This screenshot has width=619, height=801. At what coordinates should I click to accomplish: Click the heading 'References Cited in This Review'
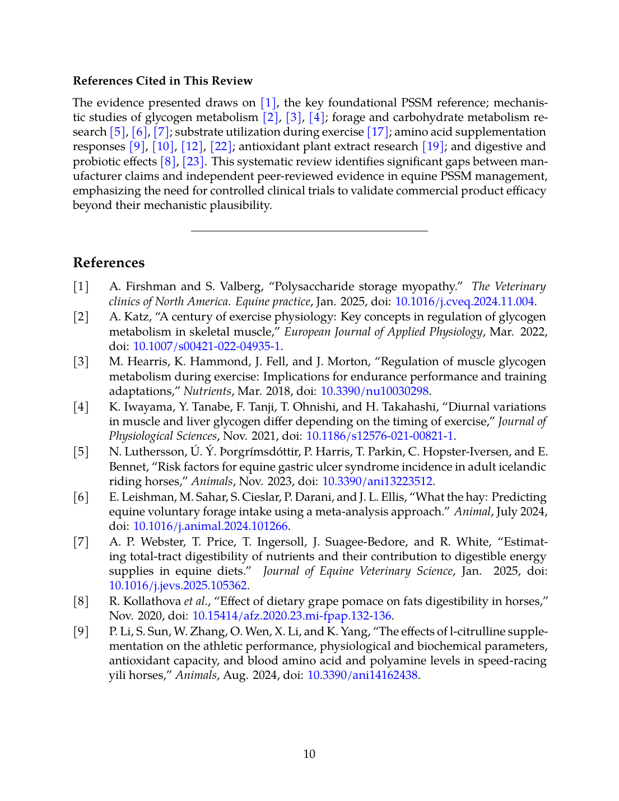[x=162, y=81]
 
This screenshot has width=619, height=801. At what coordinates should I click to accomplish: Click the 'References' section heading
[x=109, y=263]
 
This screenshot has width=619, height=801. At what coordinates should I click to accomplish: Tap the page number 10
[x=309, y=754]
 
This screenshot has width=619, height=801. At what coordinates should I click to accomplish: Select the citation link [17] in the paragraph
[x=378, y=132]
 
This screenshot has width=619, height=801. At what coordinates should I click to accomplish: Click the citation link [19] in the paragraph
[x=433, y=146]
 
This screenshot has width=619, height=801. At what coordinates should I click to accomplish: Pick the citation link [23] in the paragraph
[x=193, y=161]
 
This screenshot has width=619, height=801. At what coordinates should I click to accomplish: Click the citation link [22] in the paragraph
[x=221, y=146]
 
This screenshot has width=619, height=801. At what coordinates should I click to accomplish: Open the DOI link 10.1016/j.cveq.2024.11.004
[x=464, y=301]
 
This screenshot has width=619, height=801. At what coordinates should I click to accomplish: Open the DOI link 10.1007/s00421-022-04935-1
[x=206, y=346]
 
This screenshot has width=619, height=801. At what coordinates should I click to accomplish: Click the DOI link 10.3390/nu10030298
[x=374, y=391]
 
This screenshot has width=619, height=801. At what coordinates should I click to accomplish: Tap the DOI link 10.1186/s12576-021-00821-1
[x=380, y=436]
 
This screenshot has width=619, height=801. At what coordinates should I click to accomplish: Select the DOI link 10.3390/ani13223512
[x=377, y=481]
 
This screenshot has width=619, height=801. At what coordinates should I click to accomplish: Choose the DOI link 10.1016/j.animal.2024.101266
[x=210, y=526]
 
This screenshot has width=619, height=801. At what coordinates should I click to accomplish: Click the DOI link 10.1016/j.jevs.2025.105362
[x=178, y=585]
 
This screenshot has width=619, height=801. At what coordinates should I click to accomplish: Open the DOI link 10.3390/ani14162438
[x=362, y=675]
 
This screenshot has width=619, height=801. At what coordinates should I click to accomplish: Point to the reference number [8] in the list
[x=81, y=601]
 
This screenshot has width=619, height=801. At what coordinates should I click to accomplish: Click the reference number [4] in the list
[x=81, y=407]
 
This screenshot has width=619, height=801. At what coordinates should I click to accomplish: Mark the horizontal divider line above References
[x=309, y=231]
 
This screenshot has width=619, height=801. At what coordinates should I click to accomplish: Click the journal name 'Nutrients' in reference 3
[x=207, y=391]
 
